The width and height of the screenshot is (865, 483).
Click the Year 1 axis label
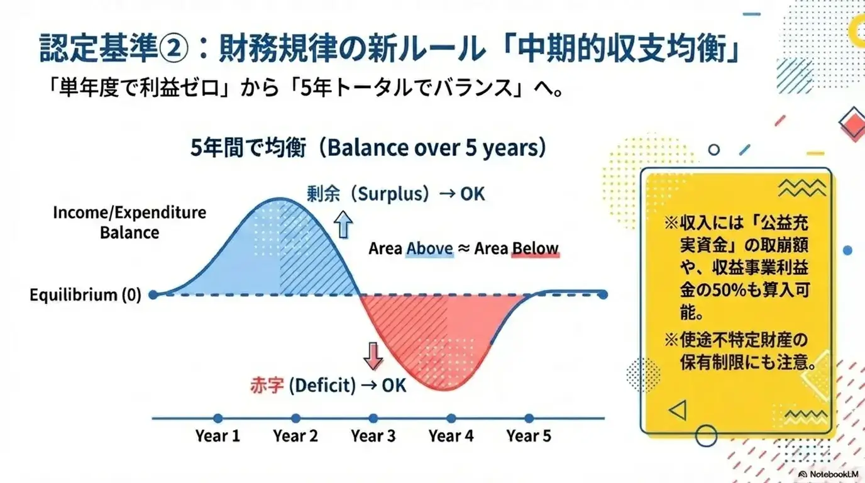tap(218, 436)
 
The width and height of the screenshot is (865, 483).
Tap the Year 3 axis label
tap(373, 436)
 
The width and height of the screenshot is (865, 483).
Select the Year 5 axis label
tap(529, 436)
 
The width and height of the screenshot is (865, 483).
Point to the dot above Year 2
tap(295, 418)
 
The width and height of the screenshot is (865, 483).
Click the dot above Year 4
tap(451, 418)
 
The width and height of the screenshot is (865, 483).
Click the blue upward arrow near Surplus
tap(344, 225)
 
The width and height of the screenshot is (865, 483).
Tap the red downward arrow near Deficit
tap(373, 356)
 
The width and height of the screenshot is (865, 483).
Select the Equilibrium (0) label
tap(85, 294)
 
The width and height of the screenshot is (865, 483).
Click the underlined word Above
tap(429, 248)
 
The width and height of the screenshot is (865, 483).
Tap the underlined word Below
tap(534, 248)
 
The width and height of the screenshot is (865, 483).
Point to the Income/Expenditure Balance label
tap(129, 222)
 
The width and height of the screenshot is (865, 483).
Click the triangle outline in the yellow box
tap(677, 411)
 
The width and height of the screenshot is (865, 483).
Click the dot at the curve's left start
tap(153, 294)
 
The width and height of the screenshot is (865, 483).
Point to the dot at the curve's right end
tap(603, 294)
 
